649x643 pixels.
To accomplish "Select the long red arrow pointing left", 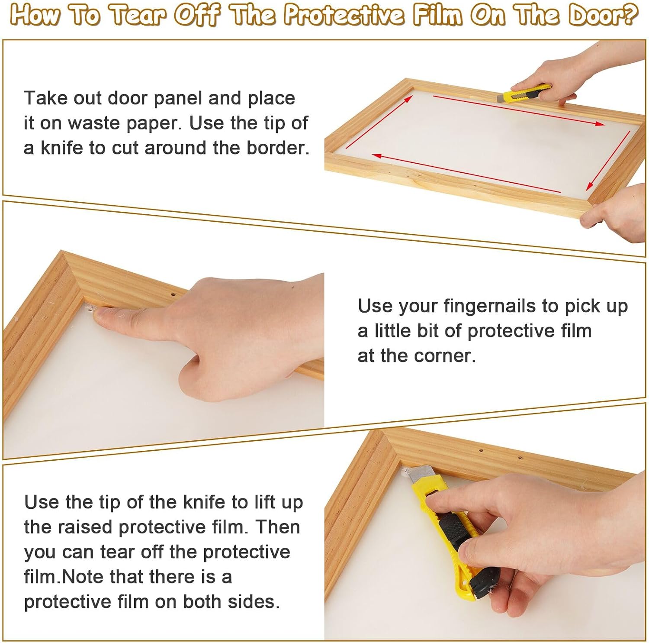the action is pos(466,173).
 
